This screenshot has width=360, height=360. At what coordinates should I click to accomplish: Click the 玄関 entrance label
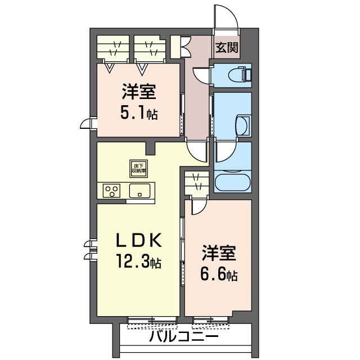[226, 47]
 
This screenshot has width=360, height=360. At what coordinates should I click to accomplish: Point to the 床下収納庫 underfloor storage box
[139, 168]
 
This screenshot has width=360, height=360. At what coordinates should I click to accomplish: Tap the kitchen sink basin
[139, 191]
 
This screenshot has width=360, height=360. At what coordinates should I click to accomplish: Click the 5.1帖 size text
[138, 113]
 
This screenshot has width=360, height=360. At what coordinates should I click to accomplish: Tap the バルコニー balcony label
[184, 337]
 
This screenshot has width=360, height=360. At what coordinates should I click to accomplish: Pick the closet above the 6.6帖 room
[197, 183]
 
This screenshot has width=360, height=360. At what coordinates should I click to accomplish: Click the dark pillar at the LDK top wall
[150, 148]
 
